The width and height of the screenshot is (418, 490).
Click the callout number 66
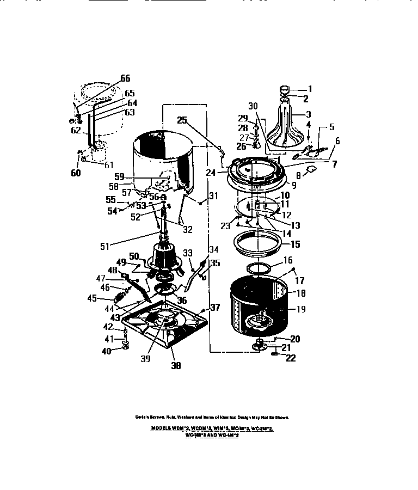click(125, 78)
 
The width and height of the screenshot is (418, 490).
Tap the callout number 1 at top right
click(310, 88)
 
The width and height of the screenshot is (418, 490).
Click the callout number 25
click(182, 120)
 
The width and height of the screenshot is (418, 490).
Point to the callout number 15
click(294, 244)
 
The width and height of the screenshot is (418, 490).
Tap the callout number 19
click(300, 309)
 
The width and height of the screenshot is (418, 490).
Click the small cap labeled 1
click(286, 89)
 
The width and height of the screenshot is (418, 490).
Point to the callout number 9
click(293, 185)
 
